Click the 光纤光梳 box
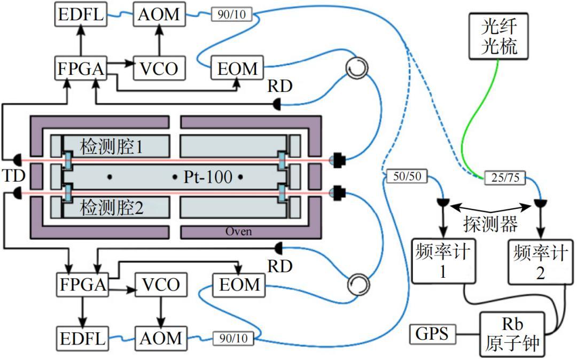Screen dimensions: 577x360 (498, 36)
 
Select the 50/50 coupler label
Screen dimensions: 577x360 (407, 176)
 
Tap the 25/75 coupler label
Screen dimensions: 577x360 (505, 178)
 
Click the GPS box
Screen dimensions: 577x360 (432, 334)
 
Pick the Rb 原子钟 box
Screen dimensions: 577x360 (512, 334)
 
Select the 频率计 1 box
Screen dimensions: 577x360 (443, 261)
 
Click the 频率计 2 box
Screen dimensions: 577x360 (540, 262)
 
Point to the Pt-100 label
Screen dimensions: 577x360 (208, 177)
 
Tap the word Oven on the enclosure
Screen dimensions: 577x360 (238, 231)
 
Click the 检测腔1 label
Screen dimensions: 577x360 (111, 147)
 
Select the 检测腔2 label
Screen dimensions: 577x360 (111, 207)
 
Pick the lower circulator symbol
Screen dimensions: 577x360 (358, 284)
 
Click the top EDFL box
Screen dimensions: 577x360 (81, 14)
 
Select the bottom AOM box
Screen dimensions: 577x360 (161, 338)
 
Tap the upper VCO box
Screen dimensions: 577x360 (159, 68)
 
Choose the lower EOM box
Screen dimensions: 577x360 (239, 285)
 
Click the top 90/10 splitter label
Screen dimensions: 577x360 (231, 14)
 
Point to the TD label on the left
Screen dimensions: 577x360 (13, 176)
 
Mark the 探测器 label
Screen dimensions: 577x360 (490, 224)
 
